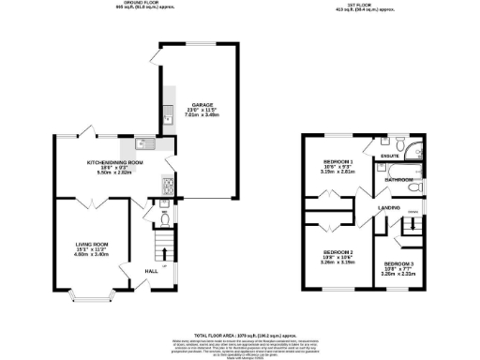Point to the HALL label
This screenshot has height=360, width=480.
150,272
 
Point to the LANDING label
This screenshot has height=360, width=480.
389,207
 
